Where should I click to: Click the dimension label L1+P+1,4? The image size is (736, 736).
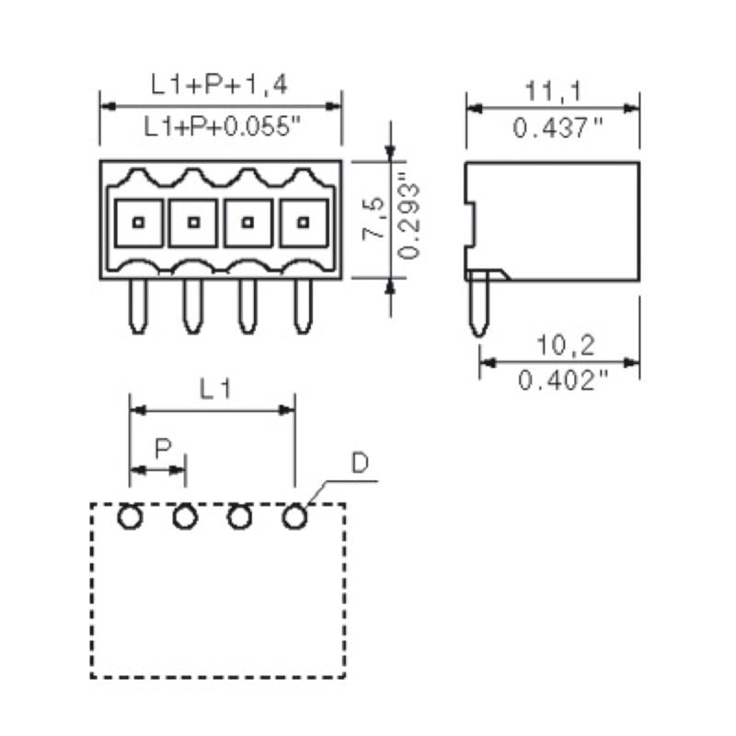pyautogui.click(x=221, y=86)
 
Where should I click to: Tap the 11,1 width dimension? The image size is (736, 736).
pyautogui.click(x=553, y=90)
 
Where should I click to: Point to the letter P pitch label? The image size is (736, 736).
pyautogui.click(x=162, y=449)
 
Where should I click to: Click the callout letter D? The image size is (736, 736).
pyautogui.click(x=361, y=464)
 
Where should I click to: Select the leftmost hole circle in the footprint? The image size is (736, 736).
pyautogui.click(x=130, y=518)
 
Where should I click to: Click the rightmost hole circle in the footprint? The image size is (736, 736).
pyautogui.click(x=294, y=518)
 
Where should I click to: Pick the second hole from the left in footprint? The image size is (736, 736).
pyautogui.click(x=185, y=518)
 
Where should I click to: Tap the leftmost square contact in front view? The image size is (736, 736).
pyautogui.click(x=138, y=222)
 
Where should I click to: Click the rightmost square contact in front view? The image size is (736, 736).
pyautogui.click(x=303, y=222)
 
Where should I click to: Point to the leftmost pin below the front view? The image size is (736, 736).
pyautogui.click(x=137, y=305)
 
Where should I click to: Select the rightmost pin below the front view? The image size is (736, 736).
pyautogui.click(x=302, y=305)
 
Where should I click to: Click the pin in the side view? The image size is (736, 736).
pyautogui.click(x=477, y=306)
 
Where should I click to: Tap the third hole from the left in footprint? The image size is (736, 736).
pyautogui.click(x=239, y=518)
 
